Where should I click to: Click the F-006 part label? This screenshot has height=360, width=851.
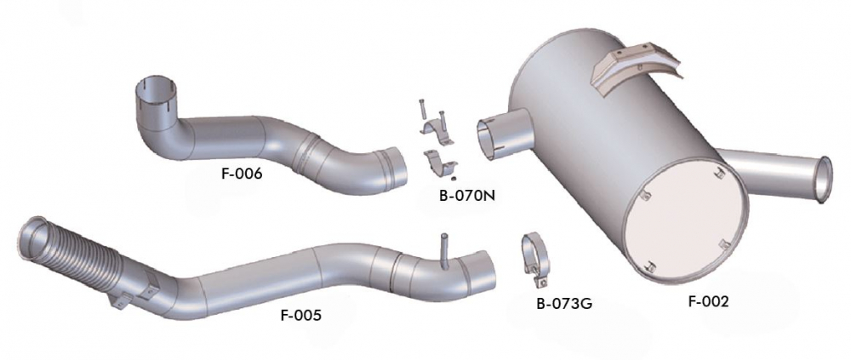242,174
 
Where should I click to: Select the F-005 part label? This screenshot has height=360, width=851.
301,314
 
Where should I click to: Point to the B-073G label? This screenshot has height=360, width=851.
564,304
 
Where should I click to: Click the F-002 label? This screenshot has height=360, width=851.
708,302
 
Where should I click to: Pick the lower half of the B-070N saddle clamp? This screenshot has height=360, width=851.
439,163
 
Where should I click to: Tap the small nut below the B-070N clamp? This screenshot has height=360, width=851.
454,180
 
